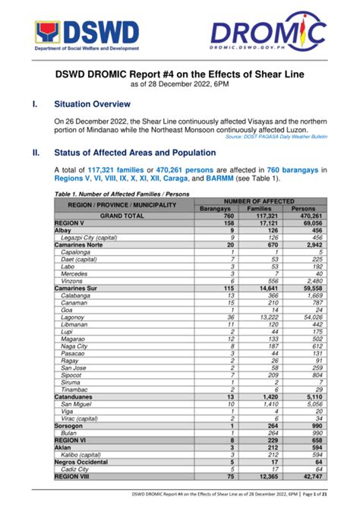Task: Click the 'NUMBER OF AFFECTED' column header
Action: pyautogui.click(x=257, y=200)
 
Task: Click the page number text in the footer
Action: pyautogui.click(x=334, y=497)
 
